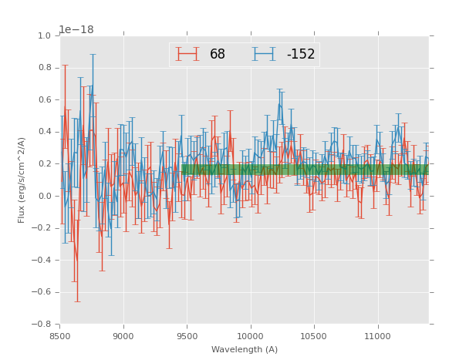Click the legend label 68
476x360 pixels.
tap(218, 55)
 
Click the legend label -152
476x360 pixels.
tap(301, 55)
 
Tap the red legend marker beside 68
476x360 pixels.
tap(187, 54)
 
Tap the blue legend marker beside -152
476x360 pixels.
tap(264, 54)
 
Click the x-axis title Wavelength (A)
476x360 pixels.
tap(245, 349)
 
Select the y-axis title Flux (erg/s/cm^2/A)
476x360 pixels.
tap(22, 180)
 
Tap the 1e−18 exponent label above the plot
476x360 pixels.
tap(76, 30)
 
